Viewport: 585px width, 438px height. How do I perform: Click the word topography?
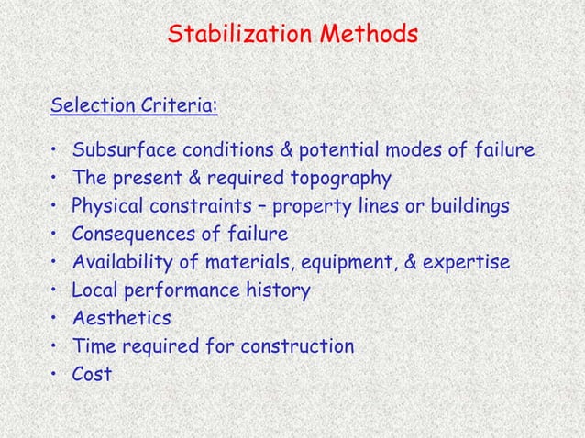point(340,178)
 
